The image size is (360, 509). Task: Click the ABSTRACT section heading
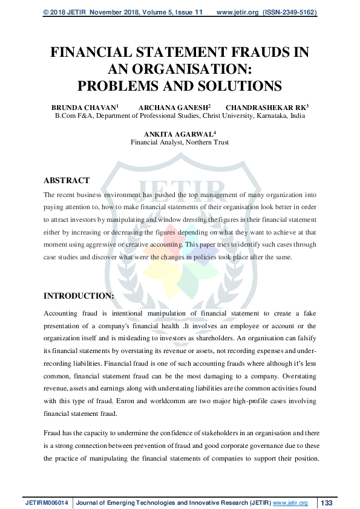tap(67, 180)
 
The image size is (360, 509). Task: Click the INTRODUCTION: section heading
tap(79, 296)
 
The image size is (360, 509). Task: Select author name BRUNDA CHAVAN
tap(83, 107)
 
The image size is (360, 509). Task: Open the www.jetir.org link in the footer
tap(290, 503)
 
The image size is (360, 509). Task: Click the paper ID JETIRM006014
tap(48, 503)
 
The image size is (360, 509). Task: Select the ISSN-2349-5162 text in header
tap(290, 12)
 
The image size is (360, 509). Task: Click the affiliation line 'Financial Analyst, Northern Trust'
tap(180, 143)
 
